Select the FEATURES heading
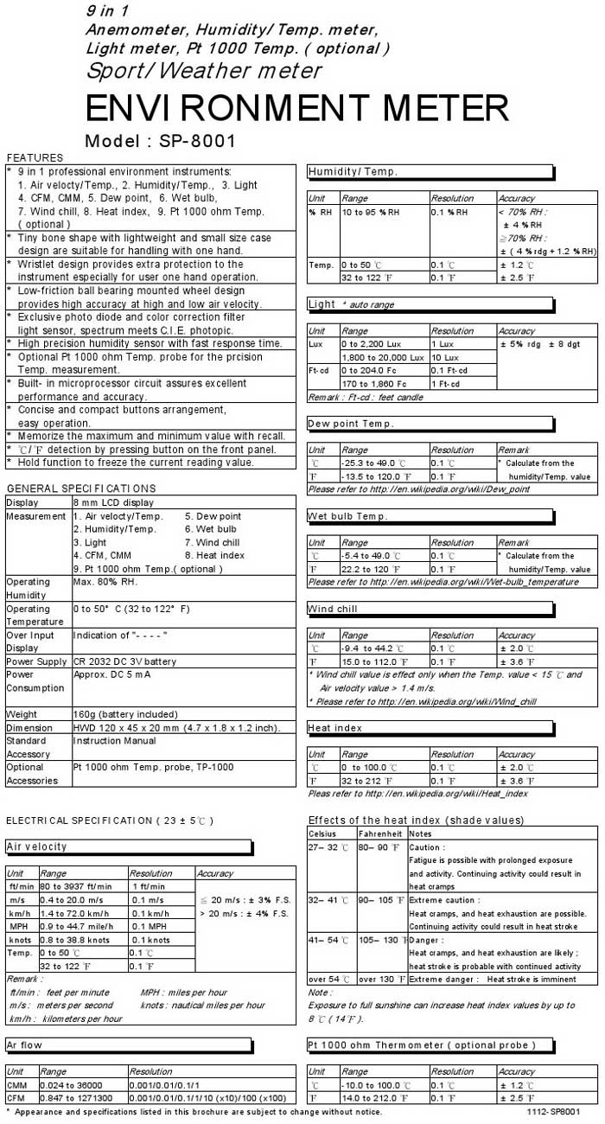pos(35,157)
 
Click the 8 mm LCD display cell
pos(113,502)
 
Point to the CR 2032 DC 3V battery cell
pos(125,661)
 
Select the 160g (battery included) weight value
pos(126,714)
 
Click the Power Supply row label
pos(37,661)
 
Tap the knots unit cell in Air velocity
pos(20,939)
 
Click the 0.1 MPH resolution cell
pos(149,926)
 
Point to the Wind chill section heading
pos(332,609)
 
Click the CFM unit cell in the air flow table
pos(17,1097)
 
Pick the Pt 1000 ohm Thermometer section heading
pos(422,1044)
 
